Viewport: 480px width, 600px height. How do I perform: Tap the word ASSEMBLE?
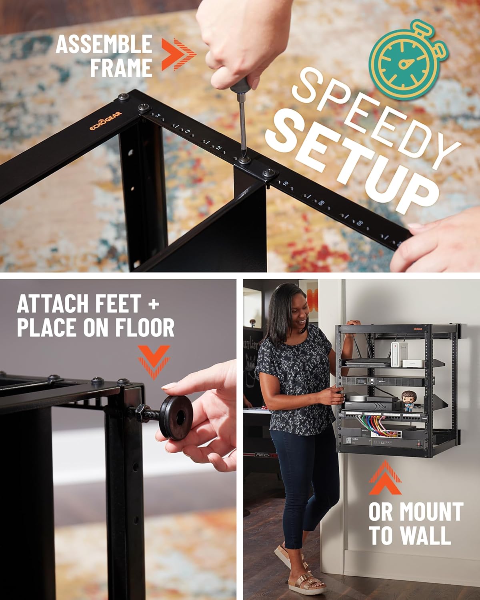coord(104,44)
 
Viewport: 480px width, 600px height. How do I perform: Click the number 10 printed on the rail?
coord(285,184)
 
